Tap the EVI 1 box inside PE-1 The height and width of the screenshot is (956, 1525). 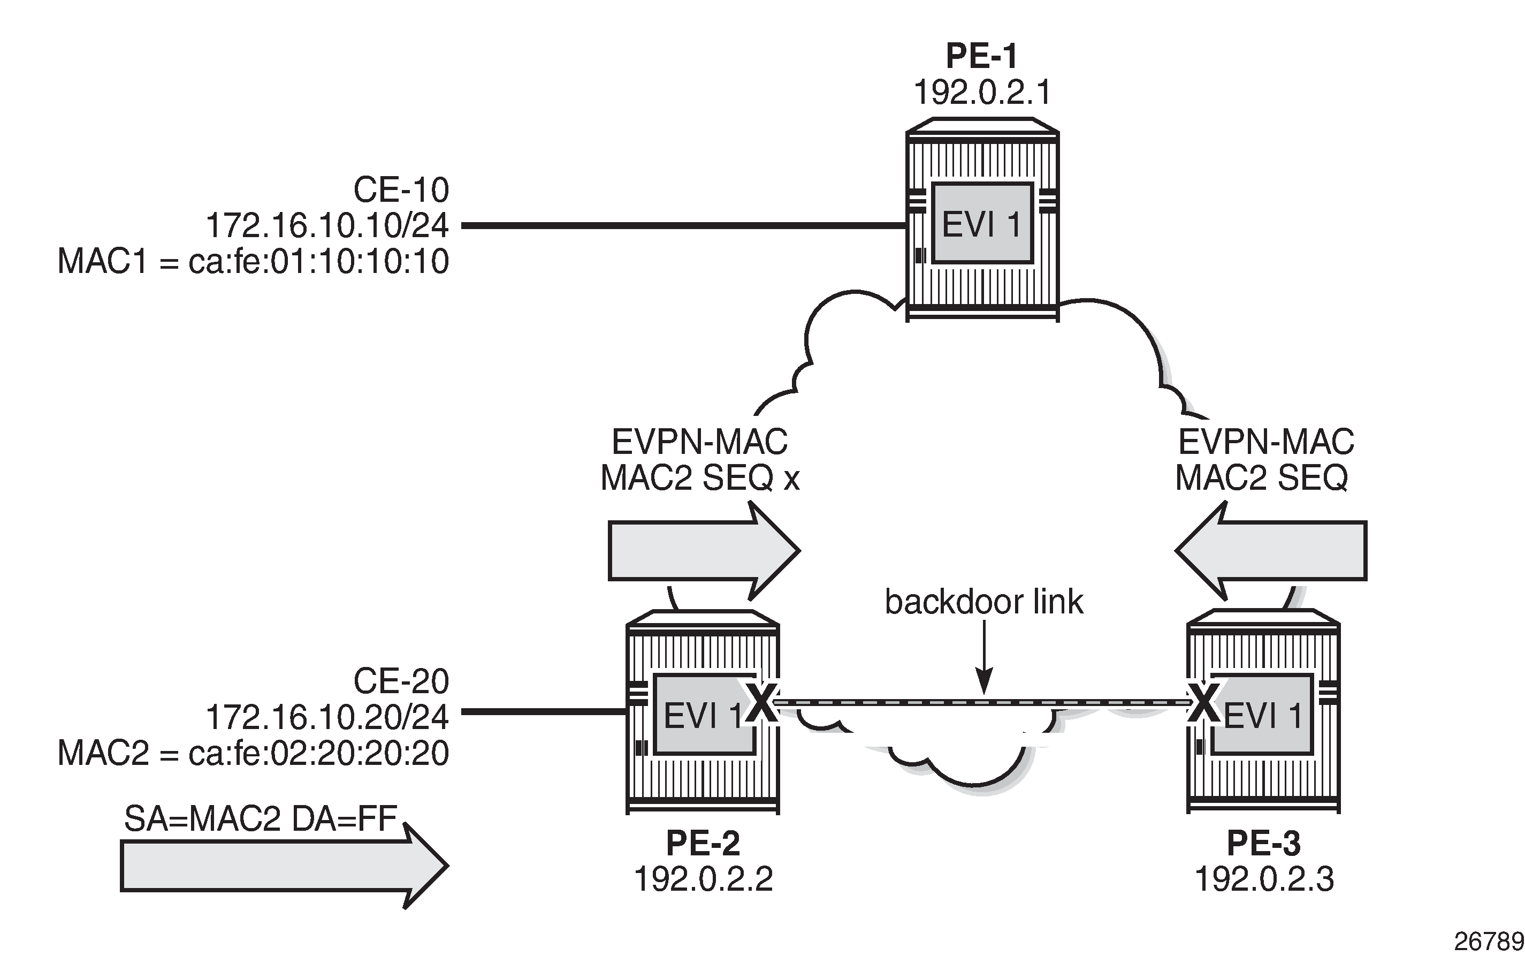point(981,224)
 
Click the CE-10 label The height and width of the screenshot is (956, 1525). point(401,189)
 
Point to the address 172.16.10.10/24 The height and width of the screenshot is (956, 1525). point(327,226)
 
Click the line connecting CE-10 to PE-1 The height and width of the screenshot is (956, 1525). point(683,225)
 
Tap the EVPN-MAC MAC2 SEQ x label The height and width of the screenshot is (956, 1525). point(699,460)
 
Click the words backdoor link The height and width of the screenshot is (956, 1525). point(983,602)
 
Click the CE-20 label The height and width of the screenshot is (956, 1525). point(401,681)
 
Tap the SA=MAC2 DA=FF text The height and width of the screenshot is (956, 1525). point(261,820)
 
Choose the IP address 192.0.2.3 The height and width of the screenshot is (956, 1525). point(1264,879)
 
